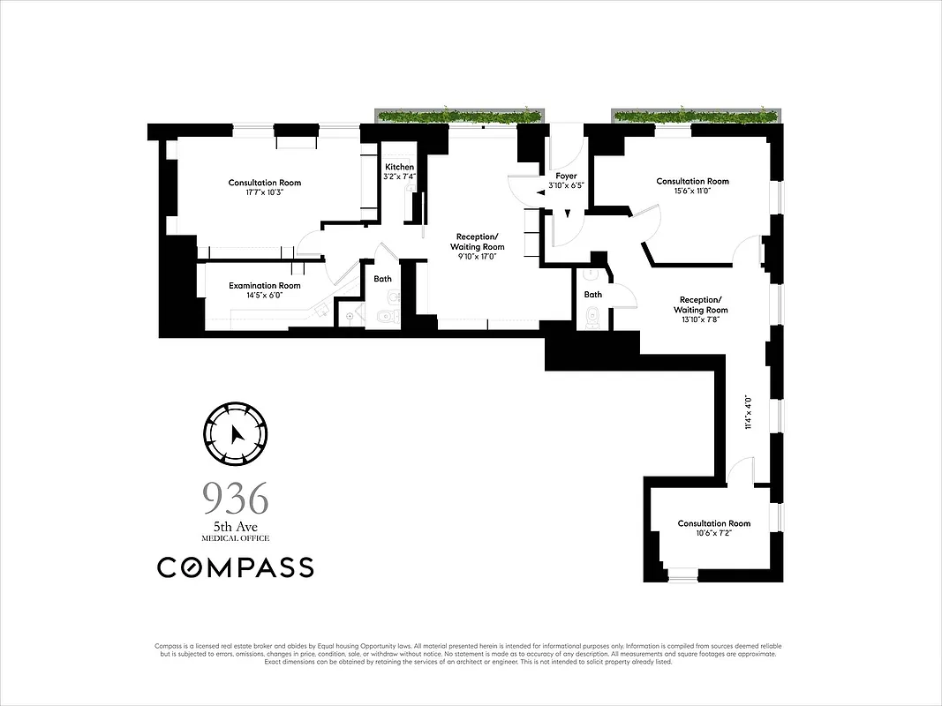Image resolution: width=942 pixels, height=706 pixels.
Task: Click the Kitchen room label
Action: [399, 167]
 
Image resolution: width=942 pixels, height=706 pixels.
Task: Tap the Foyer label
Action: [566, 176]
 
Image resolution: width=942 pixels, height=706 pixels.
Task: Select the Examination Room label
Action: [265, 285]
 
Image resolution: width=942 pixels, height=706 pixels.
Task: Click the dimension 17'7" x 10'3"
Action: [265, 192]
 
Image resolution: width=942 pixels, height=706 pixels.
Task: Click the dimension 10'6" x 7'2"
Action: [713, 534]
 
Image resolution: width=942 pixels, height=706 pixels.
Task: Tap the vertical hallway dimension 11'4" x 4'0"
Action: [748, 412]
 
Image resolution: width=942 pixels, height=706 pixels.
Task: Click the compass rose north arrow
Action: [236, 434]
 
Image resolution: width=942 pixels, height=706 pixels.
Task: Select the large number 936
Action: [236, 499]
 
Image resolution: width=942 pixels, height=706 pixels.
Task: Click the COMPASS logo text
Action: [236, 567]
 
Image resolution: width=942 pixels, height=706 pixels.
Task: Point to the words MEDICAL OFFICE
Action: [236, 538]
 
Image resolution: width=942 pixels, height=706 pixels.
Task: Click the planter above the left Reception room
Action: [460, 116]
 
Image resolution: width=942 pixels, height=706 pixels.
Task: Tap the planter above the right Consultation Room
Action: [696, 116]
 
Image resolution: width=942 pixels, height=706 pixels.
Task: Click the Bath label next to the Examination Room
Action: [382, 279]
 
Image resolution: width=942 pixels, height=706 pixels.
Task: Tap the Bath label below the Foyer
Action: [593, 294]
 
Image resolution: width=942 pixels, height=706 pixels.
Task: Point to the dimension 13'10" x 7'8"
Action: [700, 320]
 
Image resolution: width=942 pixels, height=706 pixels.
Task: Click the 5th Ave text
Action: [236, 528]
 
